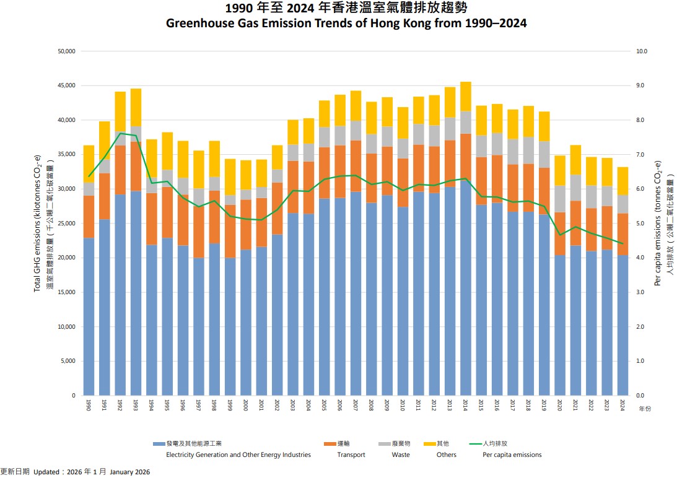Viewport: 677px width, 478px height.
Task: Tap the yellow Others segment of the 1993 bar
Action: click(x=136, y=107)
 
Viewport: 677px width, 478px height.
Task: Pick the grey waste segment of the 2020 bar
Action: click(x=560, y=199)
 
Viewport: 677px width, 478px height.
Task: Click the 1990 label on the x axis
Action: click(x=89, y=406)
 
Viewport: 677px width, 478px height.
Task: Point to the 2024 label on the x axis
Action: click(x=622, y=406)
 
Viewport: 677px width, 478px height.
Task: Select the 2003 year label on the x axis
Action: click(x=293, y=406)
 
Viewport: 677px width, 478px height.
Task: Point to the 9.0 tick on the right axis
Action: click(x=640, y=85)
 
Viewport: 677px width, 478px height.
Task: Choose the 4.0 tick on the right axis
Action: click(x=640, y=258)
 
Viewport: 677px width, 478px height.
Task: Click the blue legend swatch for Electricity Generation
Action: click(x=159, y=444)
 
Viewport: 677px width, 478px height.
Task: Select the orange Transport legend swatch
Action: click(x=330, y=444)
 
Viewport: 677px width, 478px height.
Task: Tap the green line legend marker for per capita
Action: click(x=476, y=444)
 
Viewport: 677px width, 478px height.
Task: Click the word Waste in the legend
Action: click(x=401, y=455)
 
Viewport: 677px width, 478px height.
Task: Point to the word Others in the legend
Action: click(x=446, y=455)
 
